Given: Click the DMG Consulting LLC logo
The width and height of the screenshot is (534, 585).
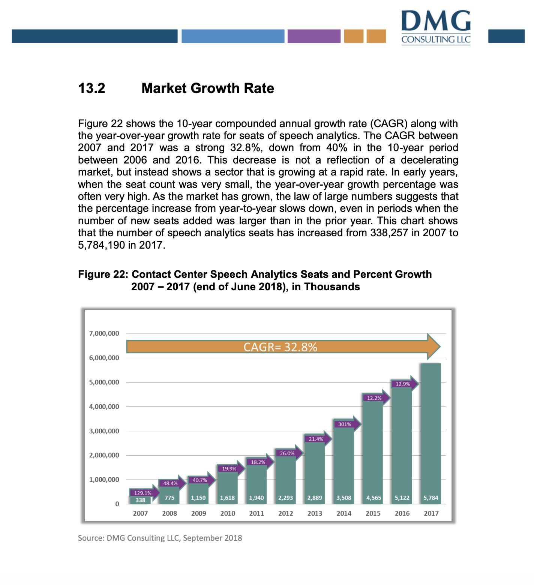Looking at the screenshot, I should pos(436,27).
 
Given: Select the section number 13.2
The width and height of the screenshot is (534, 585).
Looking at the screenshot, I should pos(91,88).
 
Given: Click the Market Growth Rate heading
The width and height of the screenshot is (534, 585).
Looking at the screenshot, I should pos(208,88).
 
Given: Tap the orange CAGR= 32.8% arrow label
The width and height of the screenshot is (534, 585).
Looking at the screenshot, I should pos(280,347).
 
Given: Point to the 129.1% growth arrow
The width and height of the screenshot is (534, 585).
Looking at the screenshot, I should pos(144,493).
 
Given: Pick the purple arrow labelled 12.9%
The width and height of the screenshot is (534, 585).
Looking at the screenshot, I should pos(404,384).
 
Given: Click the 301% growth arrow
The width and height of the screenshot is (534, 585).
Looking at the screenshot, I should pos(346,424).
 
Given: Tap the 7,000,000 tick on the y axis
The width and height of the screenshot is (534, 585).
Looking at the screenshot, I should pos(104,333).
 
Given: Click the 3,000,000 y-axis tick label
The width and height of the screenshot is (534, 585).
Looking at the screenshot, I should pos(104,431).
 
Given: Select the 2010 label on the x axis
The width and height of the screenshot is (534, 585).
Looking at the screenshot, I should pos(228,513).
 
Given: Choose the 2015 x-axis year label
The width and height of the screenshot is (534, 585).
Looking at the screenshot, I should pos(373,513).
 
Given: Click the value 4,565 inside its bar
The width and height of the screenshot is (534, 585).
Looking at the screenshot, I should pos(373,498).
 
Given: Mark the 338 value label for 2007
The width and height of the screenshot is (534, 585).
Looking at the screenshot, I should pos(140,500).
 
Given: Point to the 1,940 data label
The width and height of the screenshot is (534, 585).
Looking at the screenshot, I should pos(256,498).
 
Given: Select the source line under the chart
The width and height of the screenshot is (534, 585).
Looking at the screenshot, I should pos(160,538).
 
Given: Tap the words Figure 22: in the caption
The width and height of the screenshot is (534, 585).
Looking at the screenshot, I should pos(103,274).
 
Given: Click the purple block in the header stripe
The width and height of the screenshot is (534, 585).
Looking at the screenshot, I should pos(314,36).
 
